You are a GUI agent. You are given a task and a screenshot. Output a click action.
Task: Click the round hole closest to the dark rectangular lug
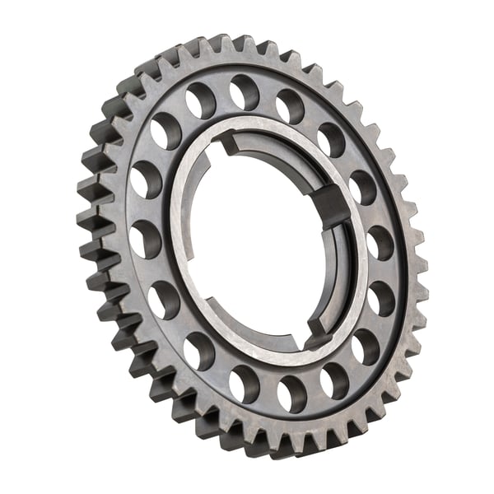pos(362,187)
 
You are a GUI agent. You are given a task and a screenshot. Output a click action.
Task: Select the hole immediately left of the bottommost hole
pos(245,383)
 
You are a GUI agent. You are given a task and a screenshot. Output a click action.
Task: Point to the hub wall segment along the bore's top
pos(272,144)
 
